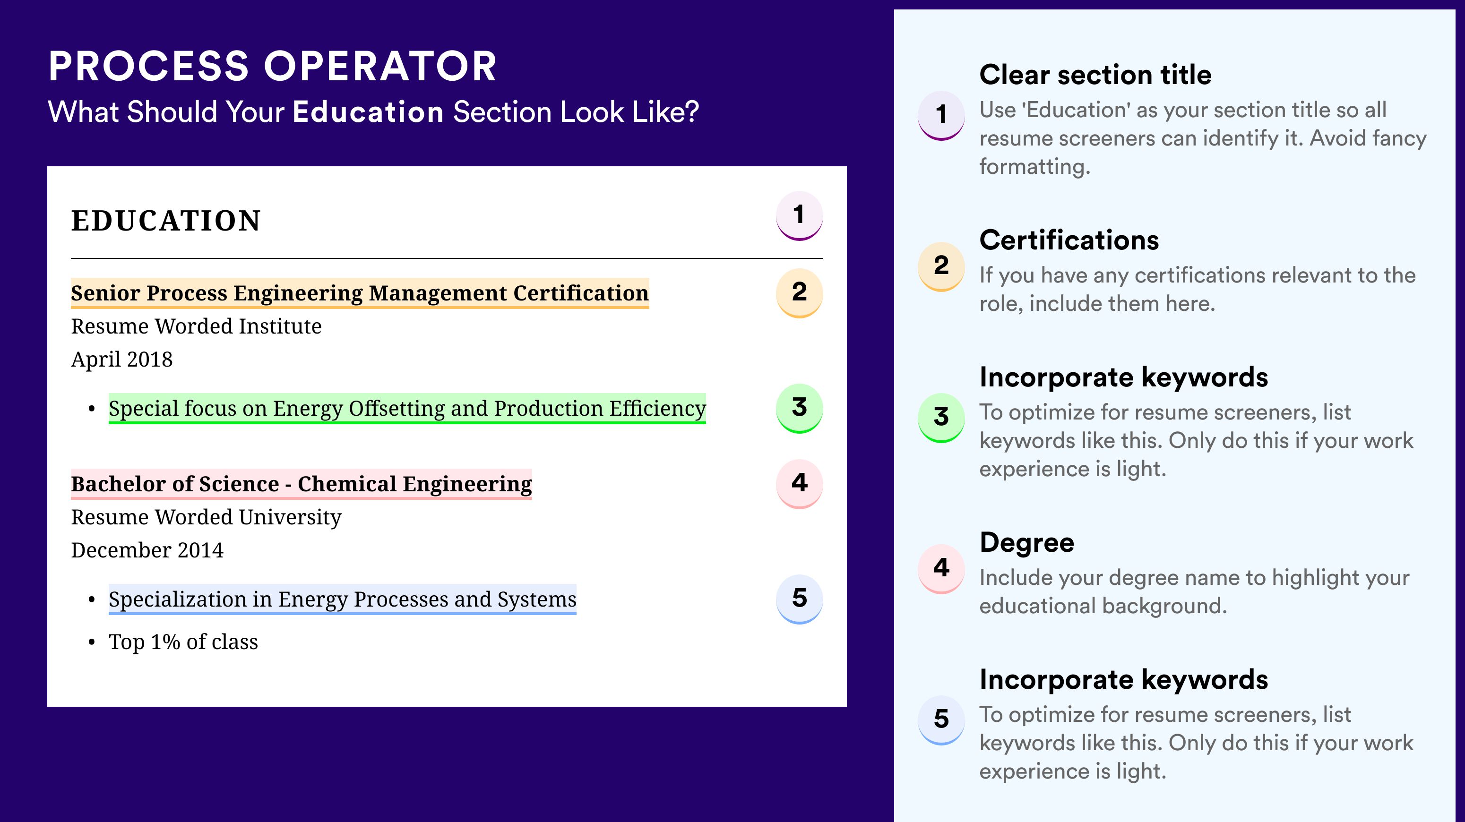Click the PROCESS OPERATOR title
coord(272,66)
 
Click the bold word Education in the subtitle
coord(368,111)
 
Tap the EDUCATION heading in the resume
coord(165,221)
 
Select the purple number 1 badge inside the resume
coord(799,215)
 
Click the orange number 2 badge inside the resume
coord(799,293)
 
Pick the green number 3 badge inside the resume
coord(799,408)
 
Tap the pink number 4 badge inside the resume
coord(799,484)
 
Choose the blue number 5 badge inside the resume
coord(799,599)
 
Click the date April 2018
coord(122,359)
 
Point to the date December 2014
coord(147,550)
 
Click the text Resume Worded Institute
coord(196,326)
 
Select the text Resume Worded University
coord(207,517)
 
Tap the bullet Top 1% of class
coord(183,642)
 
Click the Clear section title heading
coord(1095,75)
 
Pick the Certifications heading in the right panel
coord(1069,240)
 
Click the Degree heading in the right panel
coord(1027,542)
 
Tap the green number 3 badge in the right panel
coord(941,418)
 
